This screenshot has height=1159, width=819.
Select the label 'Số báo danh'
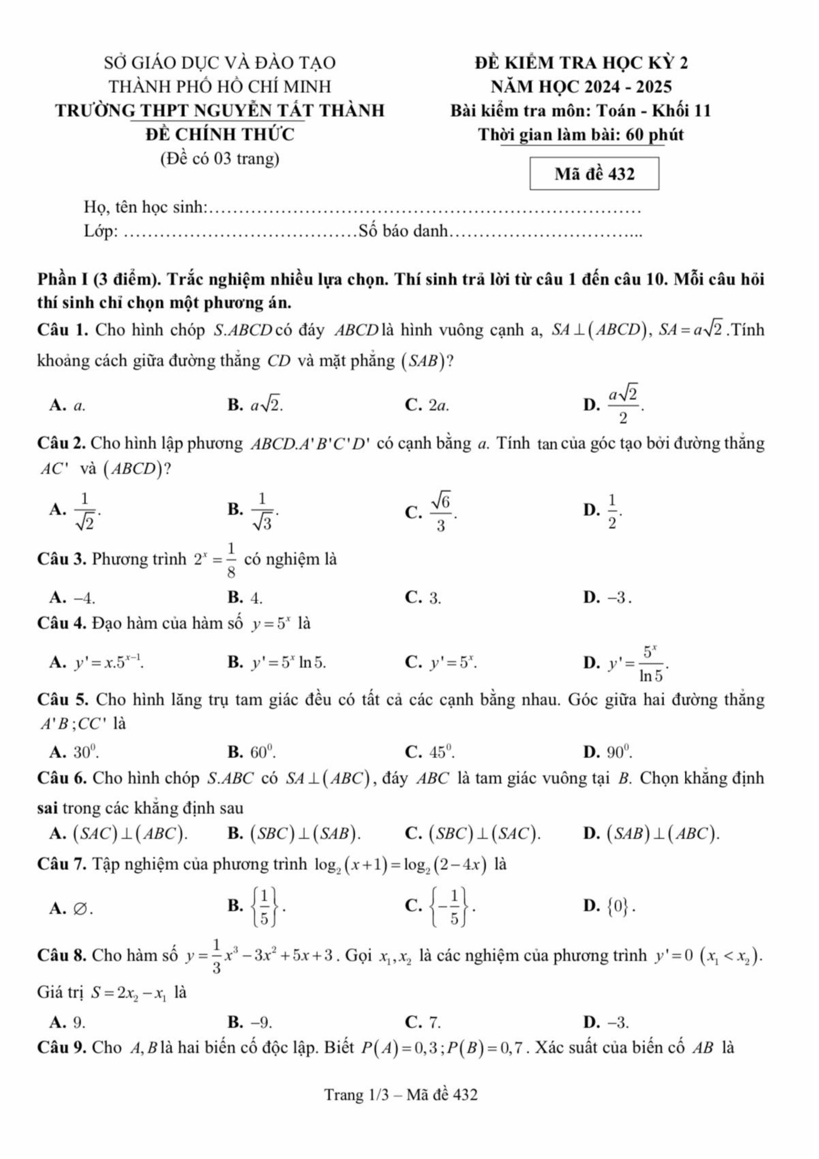coord(403,231)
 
